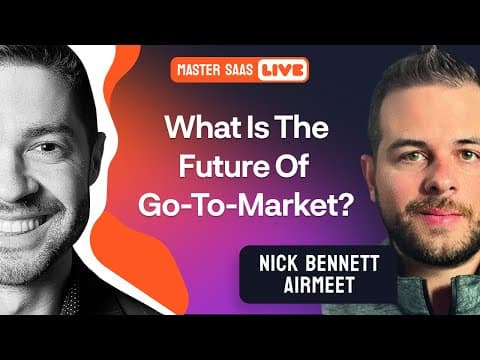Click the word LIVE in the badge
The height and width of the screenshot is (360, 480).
[x=282, y=70]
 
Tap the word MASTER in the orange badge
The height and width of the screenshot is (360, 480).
[x=199, y=70]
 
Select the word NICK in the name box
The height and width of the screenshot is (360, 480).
[x=278, y=263]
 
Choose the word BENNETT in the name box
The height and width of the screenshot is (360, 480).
[x=342, y=263]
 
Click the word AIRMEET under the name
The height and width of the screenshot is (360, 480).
[x=319, y=284]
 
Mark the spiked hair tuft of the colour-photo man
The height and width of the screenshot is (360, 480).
[x=430, y=55]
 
